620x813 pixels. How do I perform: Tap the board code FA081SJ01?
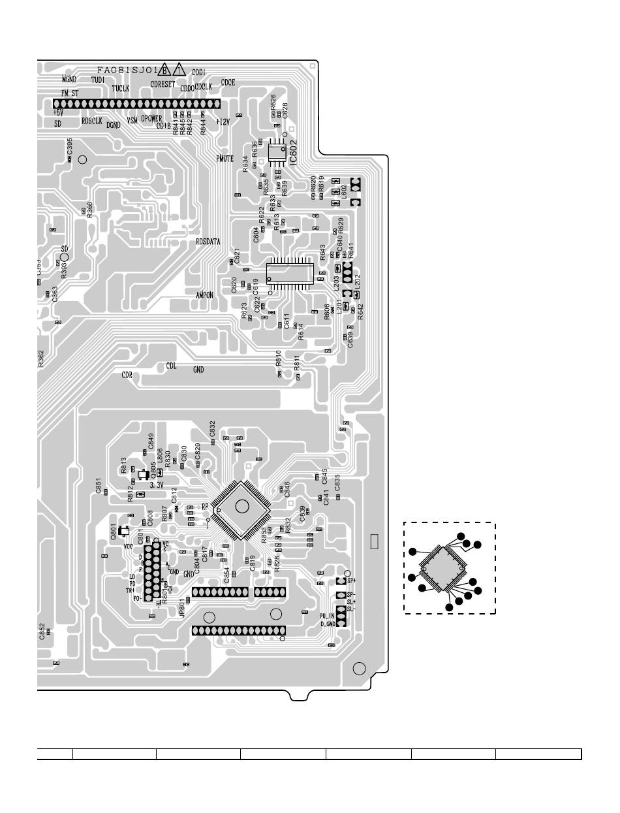click(x=127, y=70)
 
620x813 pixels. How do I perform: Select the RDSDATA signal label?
click(x=208, y=242)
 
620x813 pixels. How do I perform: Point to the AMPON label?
click(x=204, y=295)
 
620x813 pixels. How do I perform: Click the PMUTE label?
click(x=225, y=159)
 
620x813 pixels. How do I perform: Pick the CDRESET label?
click(x=163, y=84)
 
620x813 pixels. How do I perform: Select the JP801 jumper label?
click(x=182, y=609)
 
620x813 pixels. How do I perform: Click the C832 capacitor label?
click(x=212, y=429)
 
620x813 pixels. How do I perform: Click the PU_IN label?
click(x=327, y=616)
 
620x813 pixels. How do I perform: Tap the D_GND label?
click(x=327, y=624)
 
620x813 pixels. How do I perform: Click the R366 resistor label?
click(x=89, y=209)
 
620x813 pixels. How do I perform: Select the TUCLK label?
click(x=121, y=88)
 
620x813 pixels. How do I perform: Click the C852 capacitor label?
click(x=42, y=631)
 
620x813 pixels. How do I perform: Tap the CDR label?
click(x=127, y=375)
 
